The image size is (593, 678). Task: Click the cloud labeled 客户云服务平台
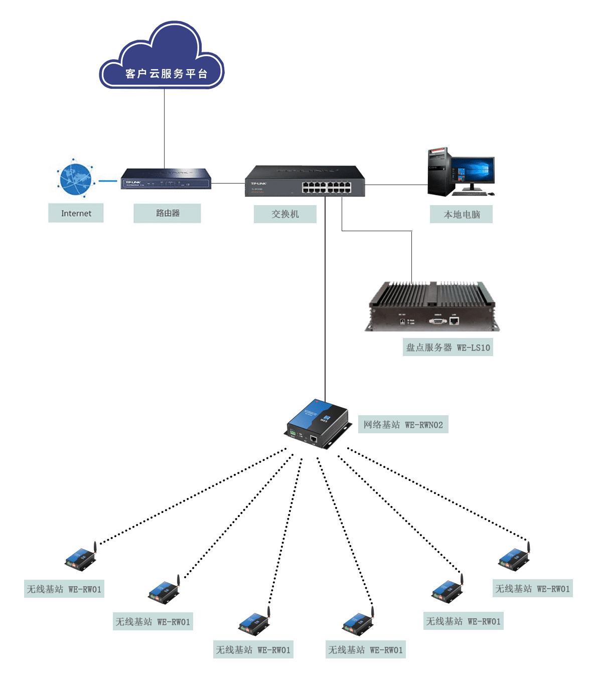(162, 60)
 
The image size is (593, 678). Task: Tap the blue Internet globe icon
(75, 179)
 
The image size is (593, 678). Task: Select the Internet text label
(76, 213)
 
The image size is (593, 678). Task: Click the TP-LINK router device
(166, 179)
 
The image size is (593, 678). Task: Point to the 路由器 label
(167, 213)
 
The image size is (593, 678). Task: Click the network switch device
(305, 182)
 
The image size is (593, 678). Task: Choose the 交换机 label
(285, 214)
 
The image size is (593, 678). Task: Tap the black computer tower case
(437, 172)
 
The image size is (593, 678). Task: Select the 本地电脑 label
(462, 215)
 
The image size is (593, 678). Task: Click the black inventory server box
(432, 307)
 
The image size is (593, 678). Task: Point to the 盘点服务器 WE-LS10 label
(448, 348)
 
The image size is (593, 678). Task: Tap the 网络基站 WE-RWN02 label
(403, 425)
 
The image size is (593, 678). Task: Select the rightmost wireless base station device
(514, 558)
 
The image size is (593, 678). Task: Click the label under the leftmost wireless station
(64, 589)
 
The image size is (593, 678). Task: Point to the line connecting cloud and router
(164, 128)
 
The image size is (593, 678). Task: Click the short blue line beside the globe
(107, 181)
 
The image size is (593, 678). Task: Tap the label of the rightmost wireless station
(532, 589)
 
